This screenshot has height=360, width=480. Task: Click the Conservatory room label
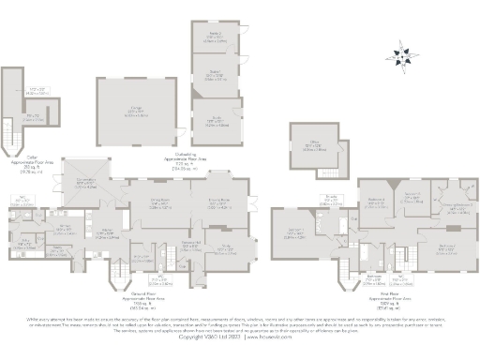tap(82, 184)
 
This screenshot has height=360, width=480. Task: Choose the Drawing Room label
tap(219, 202)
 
